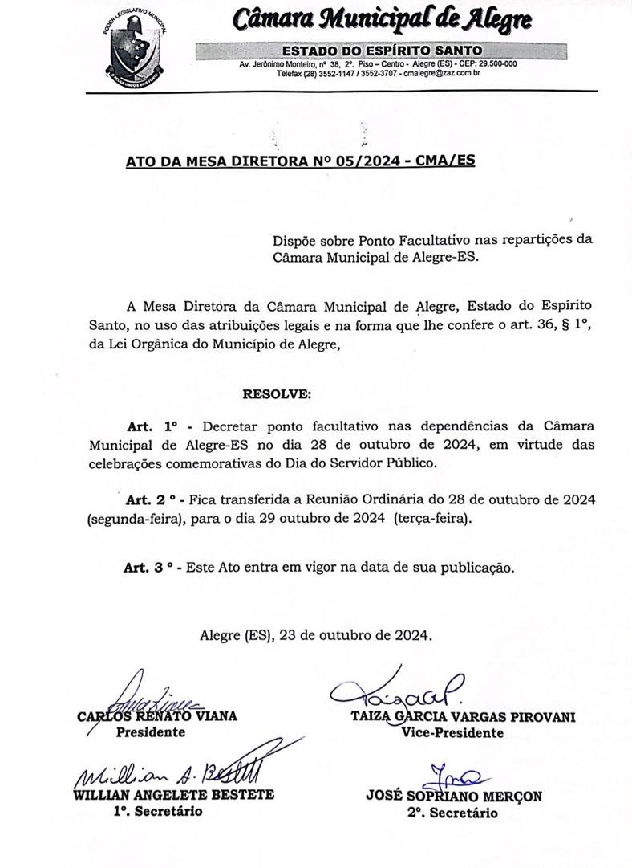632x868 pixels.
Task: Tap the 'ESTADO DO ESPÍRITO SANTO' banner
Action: coord(382,51)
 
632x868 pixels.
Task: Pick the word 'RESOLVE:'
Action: coord(276,393)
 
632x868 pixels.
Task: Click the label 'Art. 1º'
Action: coord(152,426)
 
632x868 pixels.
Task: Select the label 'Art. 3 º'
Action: coord(149,568)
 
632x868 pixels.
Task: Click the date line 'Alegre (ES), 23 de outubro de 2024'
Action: coord(316,634)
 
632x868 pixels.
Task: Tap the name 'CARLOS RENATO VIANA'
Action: coord(157,716)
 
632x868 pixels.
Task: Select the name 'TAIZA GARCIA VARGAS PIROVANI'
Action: coord(463,717)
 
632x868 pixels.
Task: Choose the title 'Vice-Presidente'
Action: coord(452,732)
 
